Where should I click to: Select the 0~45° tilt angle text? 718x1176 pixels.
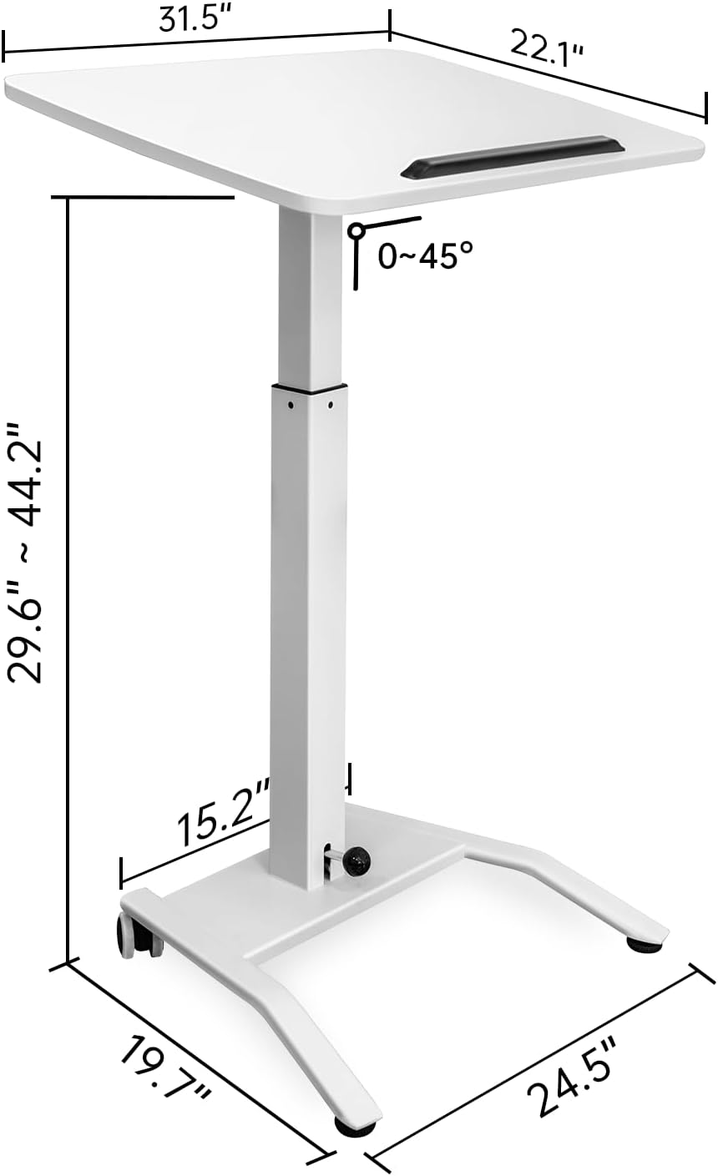pos(430,256)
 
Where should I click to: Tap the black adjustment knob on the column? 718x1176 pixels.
pos(358,861)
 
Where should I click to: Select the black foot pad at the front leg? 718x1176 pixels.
pos(355,1128)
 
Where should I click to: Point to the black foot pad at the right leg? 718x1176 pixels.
pos(644,946)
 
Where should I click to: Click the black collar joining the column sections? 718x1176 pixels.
pos(308,387)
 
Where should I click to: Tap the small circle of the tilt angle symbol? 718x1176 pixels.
pos(356,230)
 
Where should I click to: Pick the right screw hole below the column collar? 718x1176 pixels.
pos(331,406)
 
